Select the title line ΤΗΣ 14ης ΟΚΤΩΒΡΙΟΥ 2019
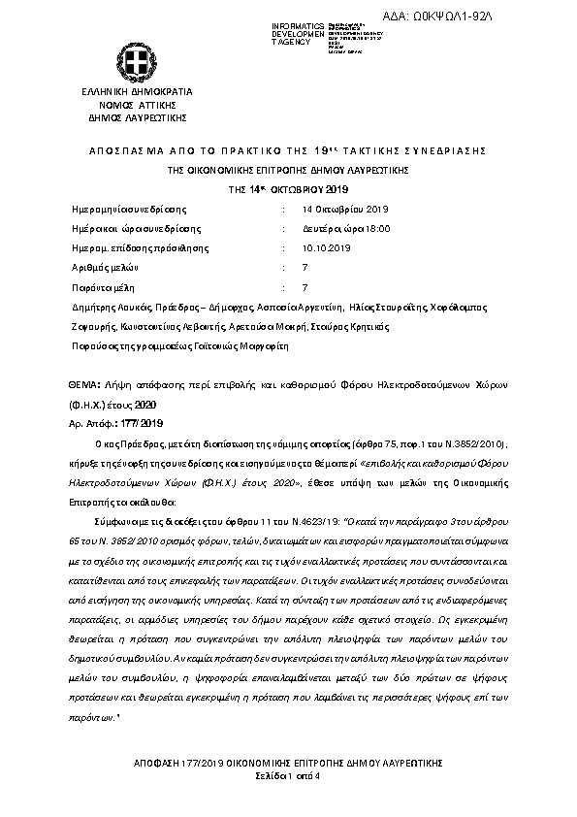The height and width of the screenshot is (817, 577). click(288, 187)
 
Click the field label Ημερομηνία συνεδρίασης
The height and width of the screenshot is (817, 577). click(130, 209)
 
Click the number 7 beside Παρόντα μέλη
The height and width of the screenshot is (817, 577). click(305, 287)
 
